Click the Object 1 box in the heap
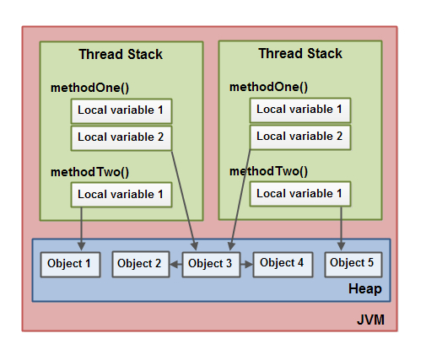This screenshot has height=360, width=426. [71, 264]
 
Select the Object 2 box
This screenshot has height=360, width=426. [139, 264]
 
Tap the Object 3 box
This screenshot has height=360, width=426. [211, 264]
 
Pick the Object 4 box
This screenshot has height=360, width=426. [282, 263]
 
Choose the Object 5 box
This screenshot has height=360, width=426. [353, 263]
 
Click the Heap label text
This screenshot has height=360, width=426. [364, 289]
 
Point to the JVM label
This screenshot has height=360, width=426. [370, 320]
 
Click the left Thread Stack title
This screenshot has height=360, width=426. [121, 55]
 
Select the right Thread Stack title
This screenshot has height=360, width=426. [300, 54]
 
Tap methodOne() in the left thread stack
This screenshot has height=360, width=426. [89, 88]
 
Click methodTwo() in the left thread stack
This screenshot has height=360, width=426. [89, 172]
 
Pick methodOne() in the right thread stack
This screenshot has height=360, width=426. [268, 87]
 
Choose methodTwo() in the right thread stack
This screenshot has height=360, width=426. [268, 171]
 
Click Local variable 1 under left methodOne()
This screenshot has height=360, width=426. [121, 110]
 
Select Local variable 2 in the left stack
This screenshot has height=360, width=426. [121, 137]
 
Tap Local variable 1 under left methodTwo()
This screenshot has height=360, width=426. [121, 195]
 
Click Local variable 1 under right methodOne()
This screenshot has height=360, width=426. [299, 110]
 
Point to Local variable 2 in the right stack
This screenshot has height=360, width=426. [299, 136]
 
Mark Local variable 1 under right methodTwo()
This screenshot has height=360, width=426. [299, 194]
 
